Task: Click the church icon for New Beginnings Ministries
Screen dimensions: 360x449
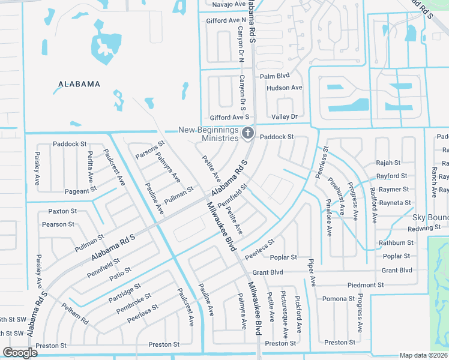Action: pyautogui.click(x=247, y=134)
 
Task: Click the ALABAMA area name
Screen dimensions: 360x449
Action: pyautogui.click(x=79, y=84)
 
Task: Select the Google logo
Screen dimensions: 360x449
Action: pyautogui.click(x=20, y=353)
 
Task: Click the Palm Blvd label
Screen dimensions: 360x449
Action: pyautogui.click(x=274, y=76)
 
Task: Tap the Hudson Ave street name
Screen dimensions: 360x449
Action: pyautogui.click(x=284, y=88)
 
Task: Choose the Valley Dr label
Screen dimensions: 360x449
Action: pyautogui.click(x=285, y=116)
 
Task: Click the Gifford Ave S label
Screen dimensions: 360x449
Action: pyautogui.click(x=229, y=117)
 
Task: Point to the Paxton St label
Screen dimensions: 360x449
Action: pyautogui.click(x=63, y=211)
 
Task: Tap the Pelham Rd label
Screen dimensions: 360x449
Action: pyautogui.click(x=75, y=314)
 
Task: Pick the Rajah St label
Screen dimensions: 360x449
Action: pyautogui.click(x=388, y=163)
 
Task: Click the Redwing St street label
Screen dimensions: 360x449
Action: pyautogui.click(x=428, y=229)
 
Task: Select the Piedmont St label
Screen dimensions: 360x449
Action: pyautogui.click(x=365, y=285)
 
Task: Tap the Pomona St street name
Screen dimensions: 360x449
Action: pyautogui.click(x=339, y=299)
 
